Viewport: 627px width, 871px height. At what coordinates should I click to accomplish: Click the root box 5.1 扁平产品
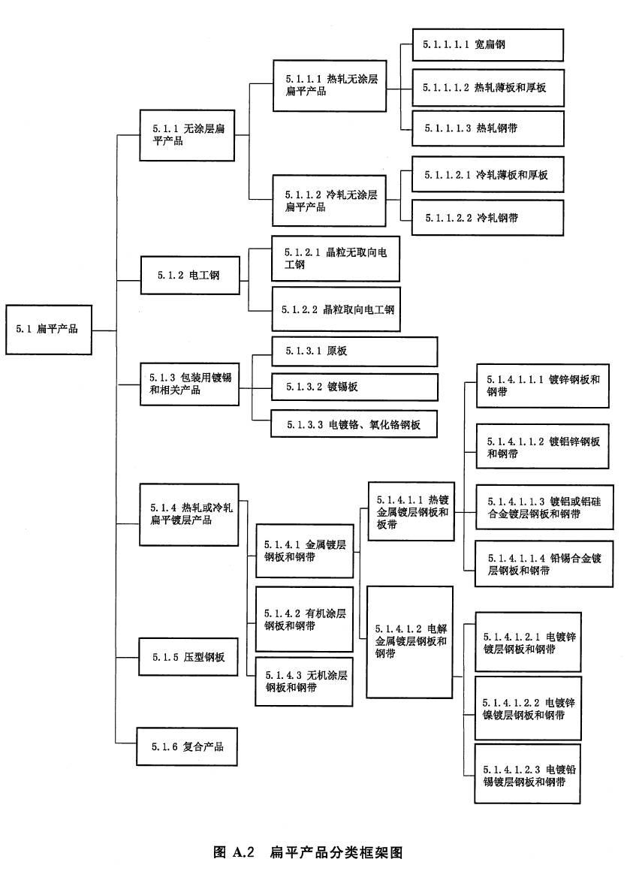(x=49, y=329)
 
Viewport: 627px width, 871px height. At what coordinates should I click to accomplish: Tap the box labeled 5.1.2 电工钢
(x=191, y=276)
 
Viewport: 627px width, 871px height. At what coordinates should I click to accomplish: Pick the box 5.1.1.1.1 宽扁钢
(x=487, y=45)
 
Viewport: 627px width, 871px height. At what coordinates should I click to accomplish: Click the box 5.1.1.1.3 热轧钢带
(x=487, y=128)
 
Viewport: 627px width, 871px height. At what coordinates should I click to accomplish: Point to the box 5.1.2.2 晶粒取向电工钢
(x=336, y=309)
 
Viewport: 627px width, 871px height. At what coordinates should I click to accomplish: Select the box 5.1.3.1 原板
(x=354, y=351)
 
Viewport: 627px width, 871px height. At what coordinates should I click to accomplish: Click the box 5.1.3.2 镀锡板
(x=354, y=387)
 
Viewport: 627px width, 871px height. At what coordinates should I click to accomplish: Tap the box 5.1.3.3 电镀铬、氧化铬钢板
(x=354, y=424)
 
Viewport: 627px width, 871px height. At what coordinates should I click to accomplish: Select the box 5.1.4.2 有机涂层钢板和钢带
(x=304, y=619)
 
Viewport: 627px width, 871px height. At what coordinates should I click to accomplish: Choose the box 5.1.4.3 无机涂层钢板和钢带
(x=304, y=681)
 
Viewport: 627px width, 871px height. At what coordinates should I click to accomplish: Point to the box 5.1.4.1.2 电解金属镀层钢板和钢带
(x=410, y=641)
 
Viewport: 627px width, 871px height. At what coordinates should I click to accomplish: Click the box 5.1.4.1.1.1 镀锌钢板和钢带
(x=541, y=385)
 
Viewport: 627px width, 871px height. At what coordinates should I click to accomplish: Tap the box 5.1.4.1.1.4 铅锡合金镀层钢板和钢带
(x=541, y=564)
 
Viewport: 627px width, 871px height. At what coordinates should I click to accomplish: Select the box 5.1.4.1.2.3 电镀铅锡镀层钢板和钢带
(x=527, y=774)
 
